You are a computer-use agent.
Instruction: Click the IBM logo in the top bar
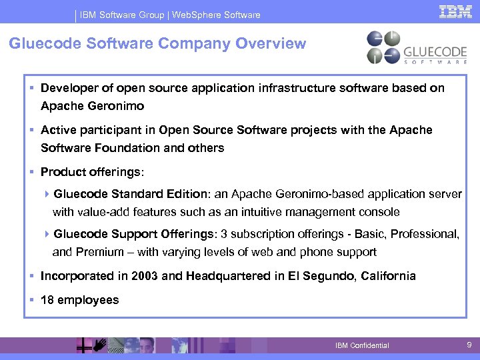coord(455,12)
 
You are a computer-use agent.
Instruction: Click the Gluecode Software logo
coord(417,47)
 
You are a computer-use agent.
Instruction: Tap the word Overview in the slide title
coord(273,44)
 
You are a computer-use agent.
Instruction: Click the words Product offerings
coord(91,172)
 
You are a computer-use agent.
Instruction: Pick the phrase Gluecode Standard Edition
coord(131,194)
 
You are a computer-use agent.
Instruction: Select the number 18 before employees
coord(47,300)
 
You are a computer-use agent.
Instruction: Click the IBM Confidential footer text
coord(362,345)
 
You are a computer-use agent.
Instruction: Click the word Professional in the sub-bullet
coord(424,234)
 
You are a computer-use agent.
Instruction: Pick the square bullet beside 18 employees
coord(32,300)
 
